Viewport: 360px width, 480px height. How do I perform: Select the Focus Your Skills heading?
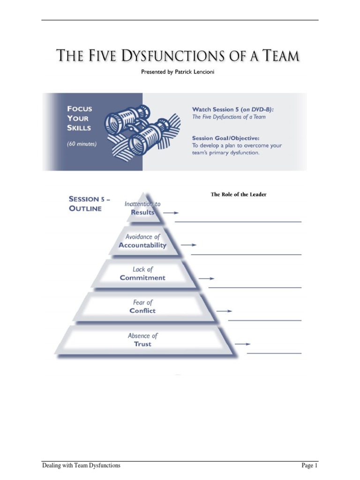pos(80,118)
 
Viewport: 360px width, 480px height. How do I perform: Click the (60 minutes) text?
pos(82,144)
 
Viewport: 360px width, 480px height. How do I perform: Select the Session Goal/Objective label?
pos(225,138)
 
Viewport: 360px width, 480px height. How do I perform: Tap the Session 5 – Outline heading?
pos(89,203)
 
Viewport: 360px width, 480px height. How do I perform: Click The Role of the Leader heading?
pos(239,194)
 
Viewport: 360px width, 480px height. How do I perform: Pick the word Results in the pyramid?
pos(142,212)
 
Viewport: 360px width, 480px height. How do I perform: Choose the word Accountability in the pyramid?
pos(142,245)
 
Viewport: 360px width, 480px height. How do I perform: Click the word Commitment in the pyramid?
pos(142,278)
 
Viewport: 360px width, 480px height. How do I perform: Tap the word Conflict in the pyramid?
pos(142,311)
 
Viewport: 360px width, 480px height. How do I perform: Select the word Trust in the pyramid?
pos(142,344)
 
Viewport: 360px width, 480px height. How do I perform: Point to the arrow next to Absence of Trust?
pos(242,344)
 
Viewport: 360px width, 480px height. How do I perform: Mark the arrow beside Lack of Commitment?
pos(206,278)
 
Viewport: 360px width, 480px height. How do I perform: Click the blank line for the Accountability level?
pos(246,255)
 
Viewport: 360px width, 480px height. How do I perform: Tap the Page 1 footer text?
pos(309,465)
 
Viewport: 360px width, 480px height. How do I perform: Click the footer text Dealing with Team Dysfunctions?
pos(81,465)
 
